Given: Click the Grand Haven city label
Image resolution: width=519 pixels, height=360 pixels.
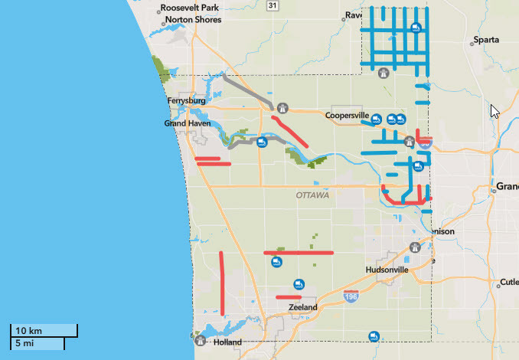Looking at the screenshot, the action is click(x=187, y=123).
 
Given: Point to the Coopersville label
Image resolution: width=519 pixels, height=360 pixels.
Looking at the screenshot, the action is click(x=347, y=116).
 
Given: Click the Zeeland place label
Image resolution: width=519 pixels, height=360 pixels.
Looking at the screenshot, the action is click(x=302, y=307).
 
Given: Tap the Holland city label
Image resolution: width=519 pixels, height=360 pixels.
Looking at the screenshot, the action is click(x=227, y=342).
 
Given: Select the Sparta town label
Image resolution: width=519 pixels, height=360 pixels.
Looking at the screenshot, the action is click(x=486, y=40).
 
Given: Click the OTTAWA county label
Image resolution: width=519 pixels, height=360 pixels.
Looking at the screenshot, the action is click(x=312, y=196).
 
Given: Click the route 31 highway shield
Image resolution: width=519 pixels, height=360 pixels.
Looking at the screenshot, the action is click(x=273, y=5).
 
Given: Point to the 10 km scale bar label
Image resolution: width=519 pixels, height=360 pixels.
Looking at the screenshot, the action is click(x=29, y=330).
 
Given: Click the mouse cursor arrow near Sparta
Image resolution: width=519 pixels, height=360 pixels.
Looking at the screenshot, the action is click(x=495, y=111).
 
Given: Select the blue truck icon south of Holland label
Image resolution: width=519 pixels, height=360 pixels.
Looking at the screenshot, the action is click(x=374, y=335).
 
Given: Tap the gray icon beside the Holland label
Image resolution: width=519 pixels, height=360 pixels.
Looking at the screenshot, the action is click(x=201, y=340).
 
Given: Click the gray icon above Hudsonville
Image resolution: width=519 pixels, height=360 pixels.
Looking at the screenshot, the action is click(x=414, y=248).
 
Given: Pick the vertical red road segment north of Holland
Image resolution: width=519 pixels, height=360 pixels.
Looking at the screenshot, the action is click(x=222, y=283).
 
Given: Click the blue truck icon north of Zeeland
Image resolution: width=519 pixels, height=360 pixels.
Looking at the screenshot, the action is click(x=299, y=284).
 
